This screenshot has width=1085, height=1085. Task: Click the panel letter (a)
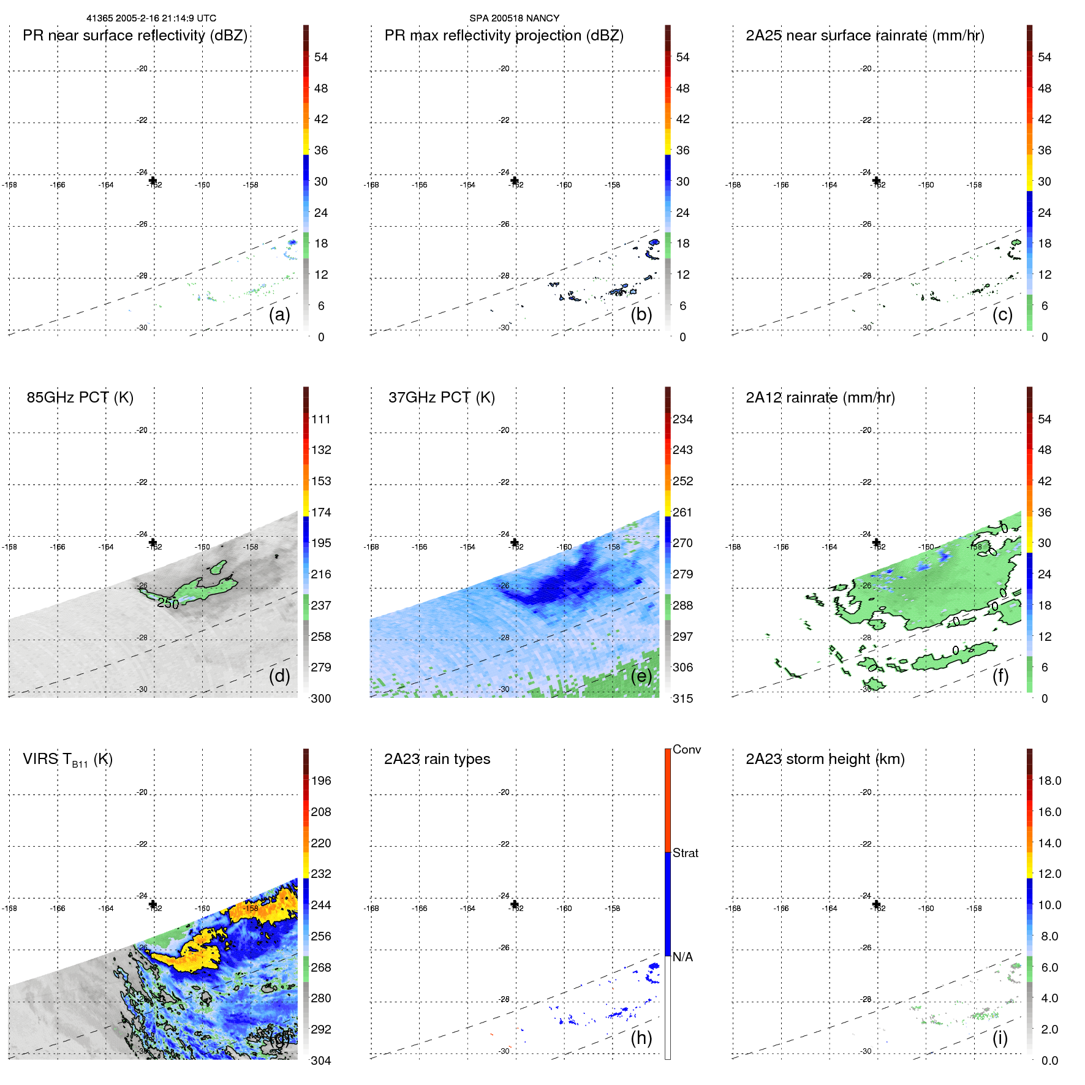[x=279, y=315]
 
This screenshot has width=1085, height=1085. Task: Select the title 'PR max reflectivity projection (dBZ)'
[x=504, y=36]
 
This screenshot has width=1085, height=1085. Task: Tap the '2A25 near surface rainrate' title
[x=864, y=36]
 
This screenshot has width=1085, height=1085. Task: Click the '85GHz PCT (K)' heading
[x=80, y=398]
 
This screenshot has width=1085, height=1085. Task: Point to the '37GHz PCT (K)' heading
[x=441, y=398]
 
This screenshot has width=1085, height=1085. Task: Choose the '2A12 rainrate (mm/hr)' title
[x=820, y=398]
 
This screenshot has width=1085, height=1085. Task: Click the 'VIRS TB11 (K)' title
[x=67, y=760]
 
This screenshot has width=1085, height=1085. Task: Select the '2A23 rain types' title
[x=437, y=759]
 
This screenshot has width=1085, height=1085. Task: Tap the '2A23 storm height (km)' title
[x=825, y=759]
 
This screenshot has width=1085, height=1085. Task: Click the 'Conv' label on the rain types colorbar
[x=686, y=749]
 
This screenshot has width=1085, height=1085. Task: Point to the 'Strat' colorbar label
[x=685, y=853]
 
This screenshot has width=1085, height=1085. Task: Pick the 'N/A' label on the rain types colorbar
[x=682, y=957]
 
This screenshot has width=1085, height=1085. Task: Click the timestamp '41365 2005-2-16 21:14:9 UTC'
[x=151, y=18]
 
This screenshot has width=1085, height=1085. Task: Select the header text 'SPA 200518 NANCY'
[x=514, y=18]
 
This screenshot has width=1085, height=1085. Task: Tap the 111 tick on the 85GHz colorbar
[x=321, y=420]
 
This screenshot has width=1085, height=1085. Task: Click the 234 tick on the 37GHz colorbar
[x=682, y=420]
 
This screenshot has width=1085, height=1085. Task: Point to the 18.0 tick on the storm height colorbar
[x=1049, y=781]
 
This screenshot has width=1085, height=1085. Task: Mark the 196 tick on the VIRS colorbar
[x=321, y=781]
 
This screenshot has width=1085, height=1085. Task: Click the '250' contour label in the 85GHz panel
[x=168, y=603]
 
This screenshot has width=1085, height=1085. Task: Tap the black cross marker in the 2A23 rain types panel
[x=515, y=904]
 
